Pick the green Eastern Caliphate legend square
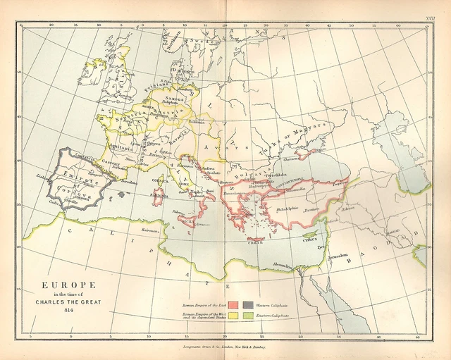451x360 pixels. (248, 317)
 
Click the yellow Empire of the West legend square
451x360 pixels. (233, 317)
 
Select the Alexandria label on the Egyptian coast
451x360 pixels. (284, 266)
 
